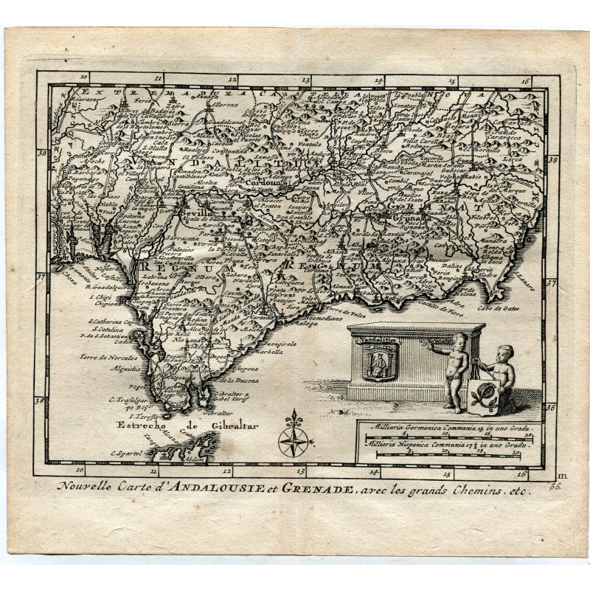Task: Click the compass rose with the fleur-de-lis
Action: click(293, 435)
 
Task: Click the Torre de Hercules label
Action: click(115, 355)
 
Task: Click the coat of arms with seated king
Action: click(379, 361)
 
